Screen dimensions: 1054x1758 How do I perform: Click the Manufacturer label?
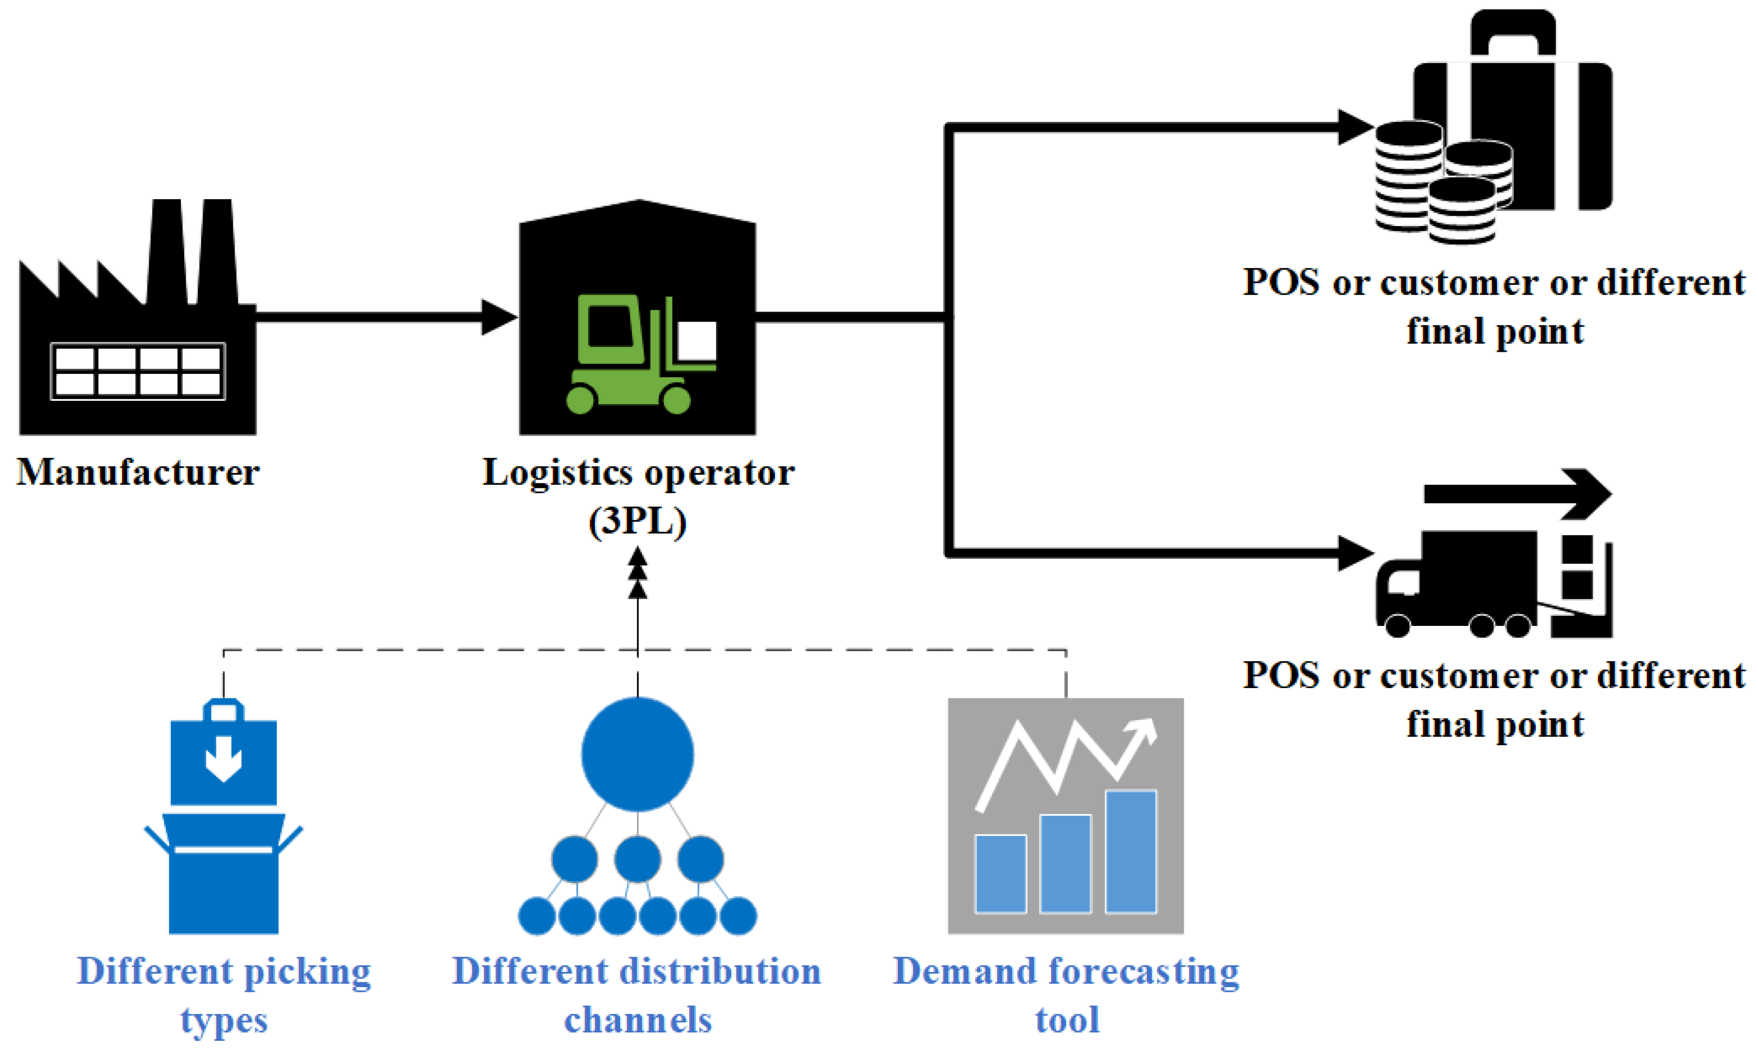pos(138,472)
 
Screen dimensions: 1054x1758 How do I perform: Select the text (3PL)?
pos(637,522)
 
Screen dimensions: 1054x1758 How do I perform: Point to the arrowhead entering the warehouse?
pos(499,317)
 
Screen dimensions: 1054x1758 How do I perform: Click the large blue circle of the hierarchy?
pos(637,754)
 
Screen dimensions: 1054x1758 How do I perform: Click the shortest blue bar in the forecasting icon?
pos(1000,874)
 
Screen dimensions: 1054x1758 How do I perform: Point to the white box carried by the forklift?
pos(697,341)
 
